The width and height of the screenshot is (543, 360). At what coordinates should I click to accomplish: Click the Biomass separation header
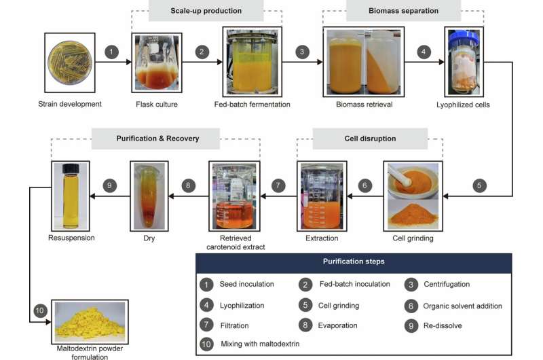(x=403, y=10)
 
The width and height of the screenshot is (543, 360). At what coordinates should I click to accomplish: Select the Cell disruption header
(x=371, y=139)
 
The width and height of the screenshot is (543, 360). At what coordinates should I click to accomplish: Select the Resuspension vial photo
(x=71, y=196)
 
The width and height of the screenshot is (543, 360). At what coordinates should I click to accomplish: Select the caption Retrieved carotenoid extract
(x=235, y=242)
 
